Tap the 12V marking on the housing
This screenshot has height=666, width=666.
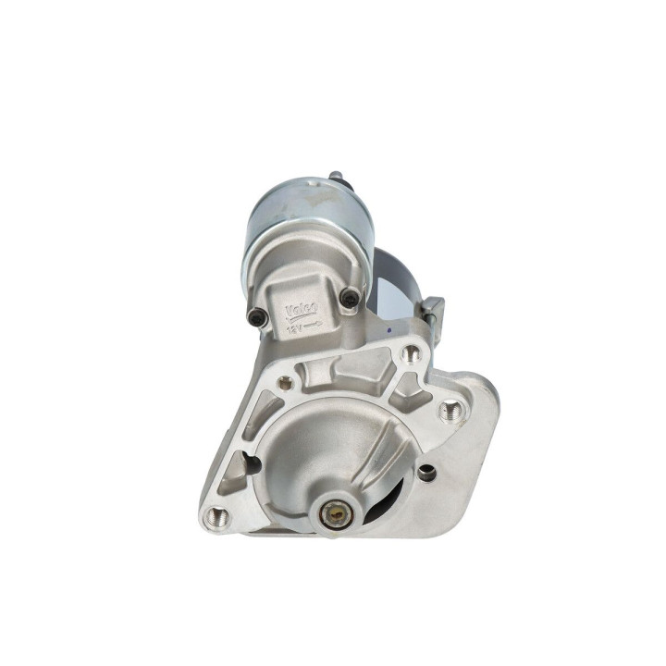(293, 324)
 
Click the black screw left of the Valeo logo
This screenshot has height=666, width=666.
(259, 317)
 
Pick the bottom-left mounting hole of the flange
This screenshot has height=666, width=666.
(216, 514)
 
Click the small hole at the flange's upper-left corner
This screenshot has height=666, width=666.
(285, 381)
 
